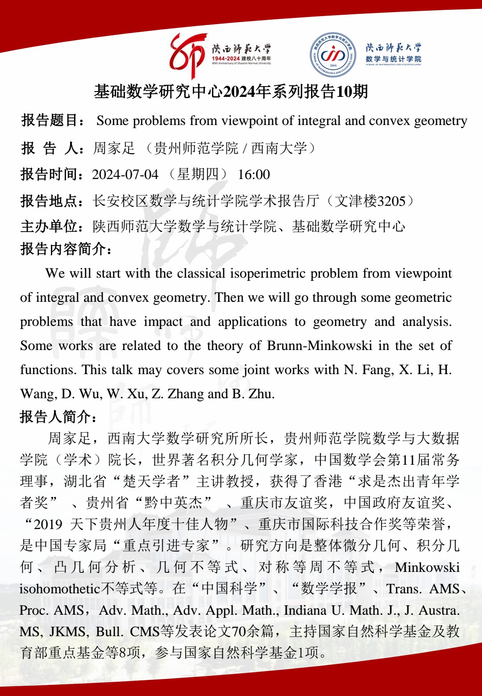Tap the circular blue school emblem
tap(333, 55)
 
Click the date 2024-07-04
tap(125, 175)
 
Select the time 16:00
tap(254, 175)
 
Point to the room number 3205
tap(391, 201)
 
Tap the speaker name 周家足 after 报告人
tap(114, 148)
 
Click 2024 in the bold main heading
tap(241, 92)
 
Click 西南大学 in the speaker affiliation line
tap(279, 148)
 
